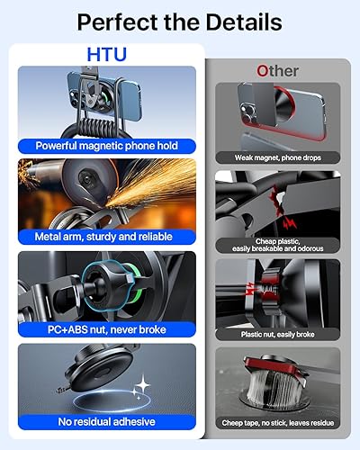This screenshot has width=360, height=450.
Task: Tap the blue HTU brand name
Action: pos(106,55)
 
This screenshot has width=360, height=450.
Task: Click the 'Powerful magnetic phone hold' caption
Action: pos(106,144)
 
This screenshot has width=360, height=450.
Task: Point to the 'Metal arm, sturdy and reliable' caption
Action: pos(106,237)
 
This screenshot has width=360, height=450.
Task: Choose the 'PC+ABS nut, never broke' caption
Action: pos(106,329)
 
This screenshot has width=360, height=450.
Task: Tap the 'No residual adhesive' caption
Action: pos(106,421)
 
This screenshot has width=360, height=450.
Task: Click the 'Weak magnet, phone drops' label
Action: pos(277,157)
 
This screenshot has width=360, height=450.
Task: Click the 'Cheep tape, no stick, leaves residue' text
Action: pos(277,422)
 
